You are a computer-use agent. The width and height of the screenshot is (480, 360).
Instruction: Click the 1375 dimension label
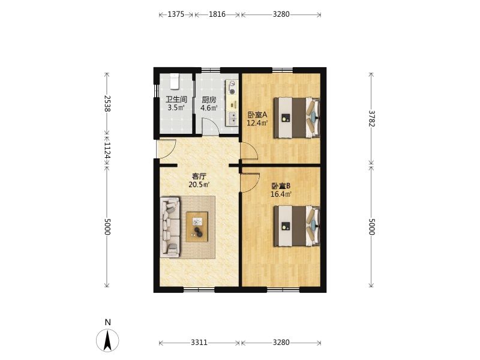click(x=176, y=14)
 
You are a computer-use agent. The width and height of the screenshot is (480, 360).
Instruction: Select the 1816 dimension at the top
click(x=217, y=14)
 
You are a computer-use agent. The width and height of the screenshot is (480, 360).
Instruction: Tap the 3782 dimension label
click(x=371, y=118)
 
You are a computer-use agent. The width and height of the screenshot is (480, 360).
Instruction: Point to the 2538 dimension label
click(x=107, y=103)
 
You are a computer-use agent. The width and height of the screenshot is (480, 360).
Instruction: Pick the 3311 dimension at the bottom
click(x=199, y=342)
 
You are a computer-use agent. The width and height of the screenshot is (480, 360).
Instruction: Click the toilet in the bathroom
click(x=175, y=81)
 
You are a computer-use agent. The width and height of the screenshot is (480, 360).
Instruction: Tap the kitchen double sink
click(x=233, y=118)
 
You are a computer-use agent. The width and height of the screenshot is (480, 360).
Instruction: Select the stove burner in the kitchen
click(x=232, y=92)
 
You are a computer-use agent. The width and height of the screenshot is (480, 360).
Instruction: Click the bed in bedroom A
click(x=296, y=118)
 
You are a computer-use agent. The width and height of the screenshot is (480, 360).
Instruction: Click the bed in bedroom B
click(x=296, y=226)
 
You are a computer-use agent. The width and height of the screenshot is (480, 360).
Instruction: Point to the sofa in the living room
click(x=170, y=227)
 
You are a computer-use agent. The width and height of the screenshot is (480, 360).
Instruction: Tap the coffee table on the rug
click(x=197, y=227)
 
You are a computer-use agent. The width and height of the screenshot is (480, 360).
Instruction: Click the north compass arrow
click(x=107, y=340)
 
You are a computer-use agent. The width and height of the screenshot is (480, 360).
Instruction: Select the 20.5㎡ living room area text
click(x=199, y=185)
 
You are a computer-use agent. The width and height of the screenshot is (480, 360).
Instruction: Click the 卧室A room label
click(x=257, y=115)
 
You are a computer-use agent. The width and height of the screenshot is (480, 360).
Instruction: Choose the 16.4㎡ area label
click(x=281, y=194)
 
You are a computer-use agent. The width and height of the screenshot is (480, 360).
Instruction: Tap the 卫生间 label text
click(x=176, y=100)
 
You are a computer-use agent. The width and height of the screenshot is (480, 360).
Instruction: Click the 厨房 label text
click(x=209, y=100)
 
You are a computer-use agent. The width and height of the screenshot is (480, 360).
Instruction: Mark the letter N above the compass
click(x=107, y=322)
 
